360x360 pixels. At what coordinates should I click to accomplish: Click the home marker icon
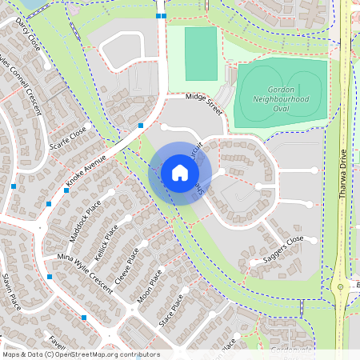[180, 173]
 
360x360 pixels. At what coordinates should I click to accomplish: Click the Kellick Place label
[106, 238]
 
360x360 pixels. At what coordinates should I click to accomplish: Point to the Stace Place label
[171, 311]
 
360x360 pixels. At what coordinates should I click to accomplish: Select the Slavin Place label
[10, 291]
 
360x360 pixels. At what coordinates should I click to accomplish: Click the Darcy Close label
[27, 37]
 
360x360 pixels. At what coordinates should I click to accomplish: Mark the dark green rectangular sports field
[201, 54]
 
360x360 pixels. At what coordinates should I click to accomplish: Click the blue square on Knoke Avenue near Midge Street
[141, 126]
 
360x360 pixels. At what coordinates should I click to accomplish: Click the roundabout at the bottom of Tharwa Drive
[340, 286]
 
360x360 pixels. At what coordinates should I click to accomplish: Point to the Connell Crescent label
[22, 80]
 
